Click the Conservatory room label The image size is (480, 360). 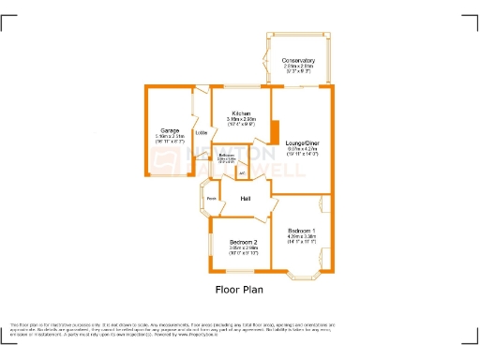click(x=298, y=61)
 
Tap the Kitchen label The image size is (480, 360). click(x=241, y=113)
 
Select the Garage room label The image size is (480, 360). click(x=170, y=130)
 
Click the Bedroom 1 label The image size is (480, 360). click(x=301, y=230)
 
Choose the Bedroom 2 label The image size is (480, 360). click(x=243, y=243)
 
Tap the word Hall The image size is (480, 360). click(x=246, y=199)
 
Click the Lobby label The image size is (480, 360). click(x=201, y=132)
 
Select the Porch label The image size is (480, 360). click(x=212, y=199)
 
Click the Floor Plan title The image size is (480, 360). click(x=239, y=289)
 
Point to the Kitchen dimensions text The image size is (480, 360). click(x=241, y=121)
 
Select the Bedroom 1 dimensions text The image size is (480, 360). click(x=301, y=239)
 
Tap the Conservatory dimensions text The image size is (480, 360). click(x=298, y=68)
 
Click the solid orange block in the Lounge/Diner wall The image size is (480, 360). click(x=274, y=132)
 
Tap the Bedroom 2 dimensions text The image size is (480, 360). click(x=243, y=251)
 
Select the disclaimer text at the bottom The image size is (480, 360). click(x=239, y=328)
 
